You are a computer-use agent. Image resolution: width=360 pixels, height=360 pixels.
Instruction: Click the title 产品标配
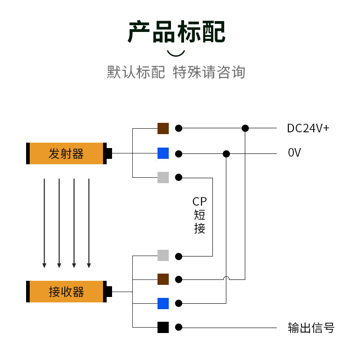pos(176,31)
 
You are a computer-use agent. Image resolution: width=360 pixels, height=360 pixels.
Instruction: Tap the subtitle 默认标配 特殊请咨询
pos(176,72)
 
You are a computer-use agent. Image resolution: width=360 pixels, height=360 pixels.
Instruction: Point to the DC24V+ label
pos(308,128)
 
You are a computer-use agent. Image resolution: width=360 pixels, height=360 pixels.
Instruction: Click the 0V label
pos(294,153)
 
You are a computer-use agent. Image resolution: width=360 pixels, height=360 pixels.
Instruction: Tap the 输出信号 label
pos(311,328)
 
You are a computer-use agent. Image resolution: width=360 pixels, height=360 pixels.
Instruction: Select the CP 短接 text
pos(199,215)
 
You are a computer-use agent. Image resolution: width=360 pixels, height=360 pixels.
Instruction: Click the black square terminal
pos(163,327)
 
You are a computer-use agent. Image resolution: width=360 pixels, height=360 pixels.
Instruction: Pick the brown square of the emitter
pos(163,128)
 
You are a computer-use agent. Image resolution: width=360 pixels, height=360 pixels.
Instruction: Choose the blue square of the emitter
pos(163,153)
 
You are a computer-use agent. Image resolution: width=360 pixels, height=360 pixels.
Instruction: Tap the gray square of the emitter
pos(163,177)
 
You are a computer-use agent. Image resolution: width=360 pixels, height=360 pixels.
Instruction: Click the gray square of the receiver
pos(163,255)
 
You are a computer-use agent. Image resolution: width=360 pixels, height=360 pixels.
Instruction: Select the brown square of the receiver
pos(163,279)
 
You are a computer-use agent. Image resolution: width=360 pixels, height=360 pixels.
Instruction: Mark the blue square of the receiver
pos(163,303)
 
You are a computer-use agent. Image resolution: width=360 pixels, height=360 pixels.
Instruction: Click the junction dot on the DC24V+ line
pos(245,128)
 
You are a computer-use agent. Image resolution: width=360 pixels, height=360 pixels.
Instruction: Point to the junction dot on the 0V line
pos(226,153)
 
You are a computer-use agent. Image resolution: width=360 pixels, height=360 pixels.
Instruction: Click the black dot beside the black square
pos(179,327)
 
